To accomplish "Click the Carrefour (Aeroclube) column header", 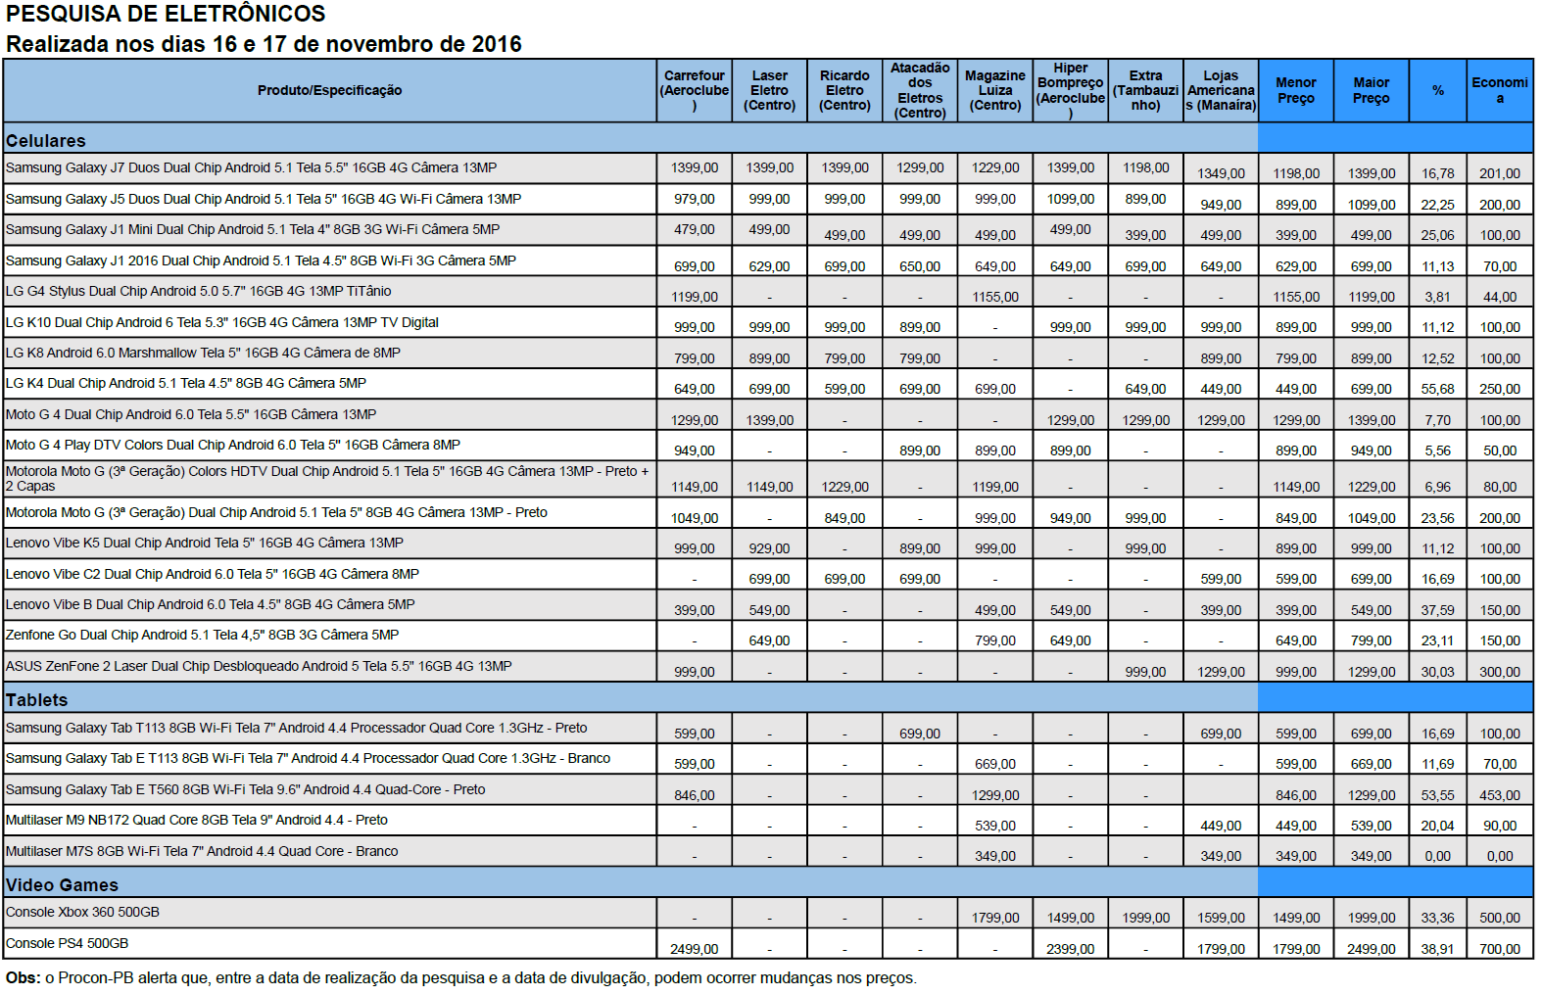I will coord(694,90).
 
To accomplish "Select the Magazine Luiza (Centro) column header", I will coord(994,90).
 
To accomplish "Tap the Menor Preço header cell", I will coord(1295,90).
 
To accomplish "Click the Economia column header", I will coord(1499,90).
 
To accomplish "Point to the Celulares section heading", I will coord(46,141).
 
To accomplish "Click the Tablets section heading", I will coord(37,700).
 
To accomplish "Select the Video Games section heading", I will coord(62,885).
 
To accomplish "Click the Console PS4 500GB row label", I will coord(67,943).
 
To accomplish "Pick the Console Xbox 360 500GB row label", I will coord(82,912).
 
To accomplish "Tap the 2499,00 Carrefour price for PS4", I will coord(694,949).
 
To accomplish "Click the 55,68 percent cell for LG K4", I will coord(1437,389).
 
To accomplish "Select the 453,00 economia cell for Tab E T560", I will coord(1499,795).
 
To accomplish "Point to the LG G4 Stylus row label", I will coord(198,291).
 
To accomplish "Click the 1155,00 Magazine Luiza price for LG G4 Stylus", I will coord(994,297).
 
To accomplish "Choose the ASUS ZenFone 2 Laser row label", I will coord(259,666).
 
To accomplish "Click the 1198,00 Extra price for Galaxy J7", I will coord(1145,167).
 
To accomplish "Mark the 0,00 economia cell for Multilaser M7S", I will coord(1499,856).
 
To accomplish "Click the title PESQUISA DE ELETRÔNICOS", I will coord(166,14).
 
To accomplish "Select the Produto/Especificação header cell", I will coord(329,90).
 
